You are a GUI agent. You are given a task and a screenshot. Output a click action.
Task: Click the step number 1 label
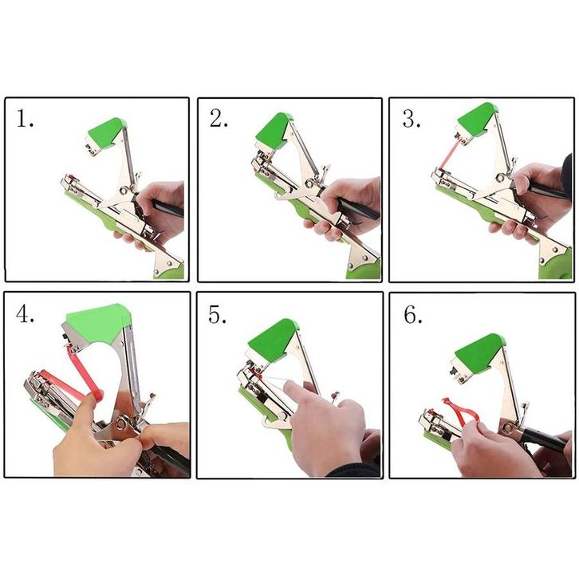25,119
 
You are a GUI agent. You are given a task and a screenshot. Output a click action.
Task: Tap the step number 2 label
219,118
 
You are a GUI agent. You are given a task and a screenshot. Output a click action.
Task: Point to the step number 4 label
25,314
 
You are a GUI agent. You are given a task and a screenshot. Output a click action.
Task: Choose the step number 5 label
218,314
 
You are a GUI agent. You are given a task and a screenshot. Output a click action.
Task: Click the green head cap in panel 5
274,339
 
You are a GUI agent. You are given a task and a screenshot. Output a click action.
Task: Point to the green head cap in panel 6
479,353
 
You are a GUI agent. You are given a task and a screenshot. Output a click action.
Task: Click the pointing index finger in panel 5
300,393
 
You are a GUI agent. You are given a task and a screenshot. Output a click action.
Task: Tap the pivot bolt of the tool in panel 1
124,191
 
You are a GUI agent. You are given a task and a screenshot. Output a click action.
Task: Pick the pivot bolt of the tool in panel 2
309,184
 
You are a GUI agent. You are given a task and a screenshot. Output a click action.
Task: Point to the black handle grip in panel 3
546,191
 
